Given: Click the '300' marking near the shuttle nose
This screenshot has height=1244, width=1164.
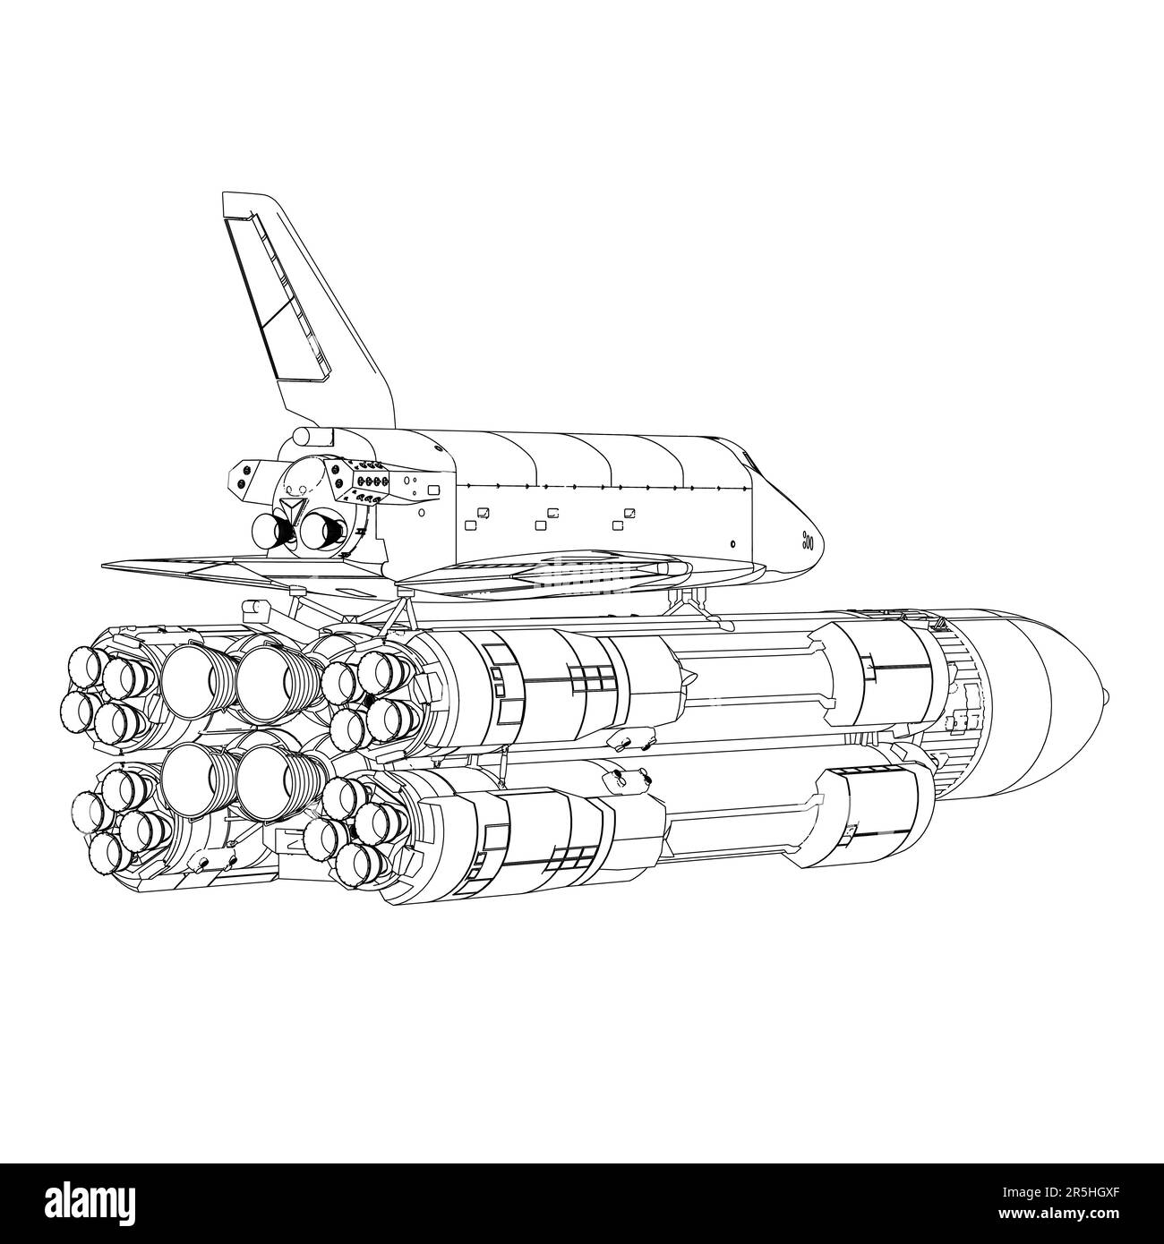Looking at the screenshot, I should click(807, 540).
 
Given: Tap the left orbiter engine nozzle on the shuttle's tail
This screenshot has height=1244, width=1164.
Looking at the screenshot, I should click(270, 532).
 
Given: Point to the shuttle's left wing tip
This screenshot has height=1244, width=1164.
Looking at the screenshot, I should click(106, 566).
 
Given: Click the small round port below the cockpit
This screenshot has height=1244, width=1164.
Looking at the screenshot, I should click(732, 543).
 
